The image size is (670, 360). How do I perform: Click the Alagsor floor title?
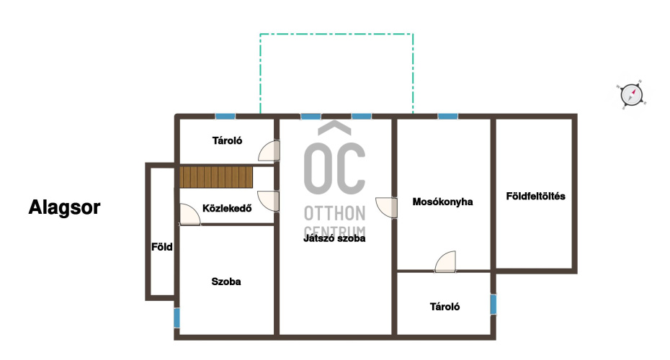coord(64,207)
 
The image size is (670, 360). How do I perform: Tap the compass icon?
coord(632,94)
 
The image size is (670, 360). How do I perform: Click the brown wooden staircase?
coord(216,177)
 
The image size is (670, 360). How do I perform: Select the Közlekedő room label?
coord(227,208)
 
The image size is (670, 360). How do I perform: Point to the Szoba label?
coord(226,282)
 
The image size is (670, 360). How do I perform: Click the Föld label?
coord(162,247)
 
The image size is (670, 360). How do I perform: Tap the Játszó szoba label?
coord(334,238)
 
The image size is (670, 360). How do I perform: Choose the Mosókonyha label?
coord(442,202)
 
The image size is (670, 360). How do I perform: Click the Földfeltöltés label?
coord(535,196)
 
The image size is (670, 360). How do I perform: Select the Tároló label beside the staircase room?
coord(228,140)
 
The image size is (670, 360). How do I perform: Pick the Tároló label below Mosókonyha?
coord(445,307)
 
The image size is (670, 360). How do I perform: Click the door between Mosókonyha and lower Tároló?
coord(445,261)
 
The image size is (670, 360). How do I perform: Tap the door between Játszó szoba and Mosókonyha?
coord(386,207)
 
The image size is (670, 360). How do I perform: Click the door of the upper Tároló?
coord(269,150)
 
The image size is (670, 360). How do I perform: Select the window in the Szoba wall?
coord(177,318)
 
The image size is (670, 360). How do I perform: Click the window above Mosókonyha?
coord(448,116)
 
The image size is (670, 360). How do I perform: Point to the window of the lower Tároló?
coord(493,305)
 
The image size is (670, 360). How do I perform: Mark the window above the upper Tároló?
coord(225,116)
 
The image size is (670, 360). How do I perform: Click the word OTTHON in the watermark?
coord(334,213)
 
